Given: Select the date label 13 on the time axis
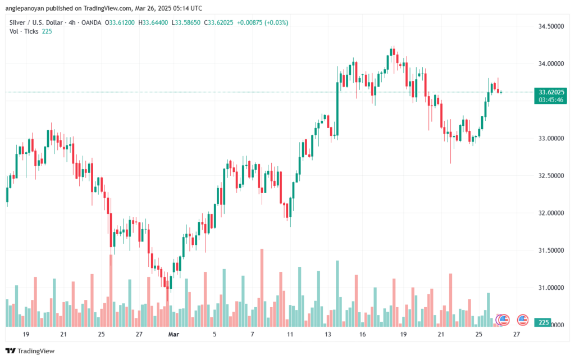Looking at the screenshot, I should [x=327, y=334].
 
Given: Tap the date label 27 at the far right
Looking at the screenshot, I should [x=517, y=334].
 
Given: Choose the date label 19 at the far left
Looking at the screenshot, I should [x=26, y=334].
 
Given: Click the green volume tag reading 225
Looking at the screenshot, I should [x=543, y=322].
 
